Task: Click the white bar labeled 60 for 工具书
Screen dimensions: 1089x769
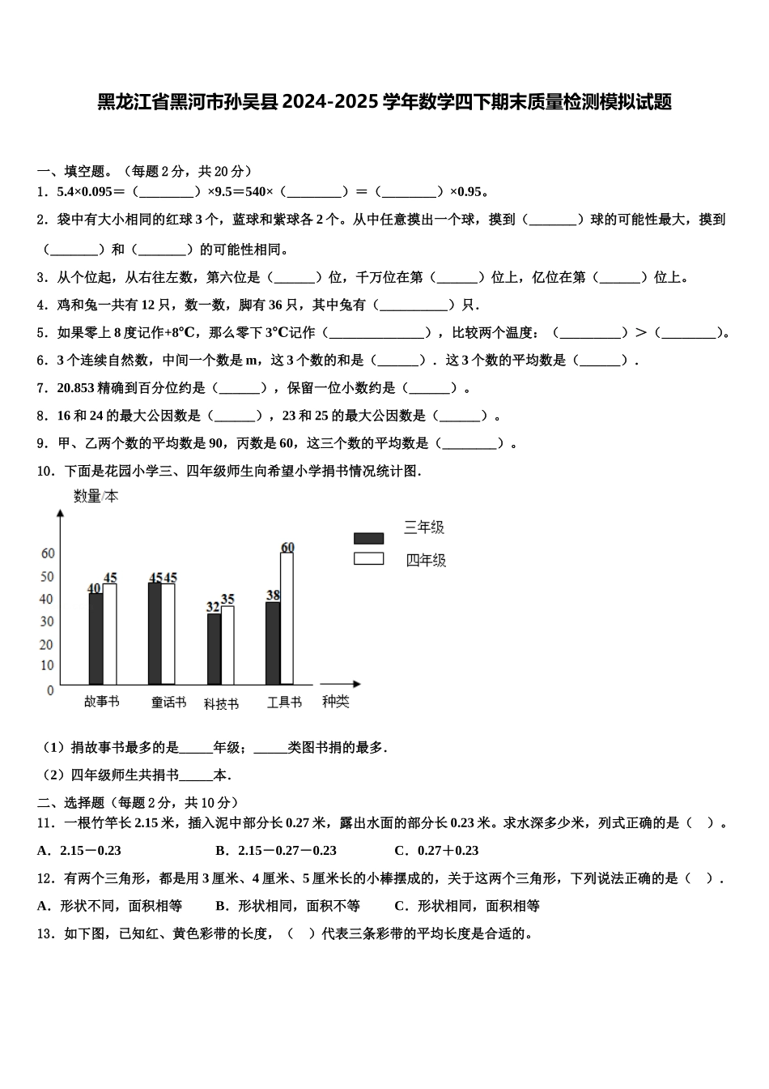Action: point(287,619)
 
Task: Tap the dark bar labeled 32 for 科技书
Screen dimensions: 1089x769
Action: point(214,650)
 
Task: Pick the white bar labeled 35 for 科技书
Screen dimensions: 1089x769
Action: point(227,646)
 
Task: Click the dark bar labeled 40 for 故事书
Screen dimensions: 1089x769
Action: point(96,639)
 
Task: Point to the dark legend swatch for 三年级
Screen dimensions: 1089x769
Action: point(368,538)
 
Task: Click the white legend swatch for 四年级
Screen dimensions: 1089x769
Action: point(368,558)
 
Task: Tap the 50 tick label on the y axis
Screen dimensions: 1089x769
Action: point(48,577)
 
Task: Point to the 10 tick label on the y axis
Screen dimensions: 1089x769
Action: point(48,666)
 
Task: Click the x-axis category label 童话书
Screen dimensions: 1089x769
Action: point(168,703)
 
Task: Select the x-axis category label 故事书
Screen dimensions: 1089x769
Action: point(101,702)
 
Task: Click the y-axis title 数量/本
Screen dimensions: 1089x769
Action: point(96,496)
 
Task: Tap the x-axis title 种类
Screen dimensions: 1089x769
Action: point(335,702)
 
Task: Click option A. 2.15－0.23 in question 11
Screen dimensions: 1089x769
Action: point(79,851)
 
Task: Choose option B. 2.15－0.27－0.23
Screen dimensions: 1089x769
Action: point(276,851)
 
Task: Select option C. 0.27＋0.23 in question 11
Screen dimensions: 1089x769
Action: point(436,851)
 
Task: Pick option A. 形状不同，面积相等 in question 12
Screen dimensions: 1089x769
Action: point(110,906)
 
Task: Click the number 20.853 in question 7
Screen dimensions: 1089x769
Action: point(76,388)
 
